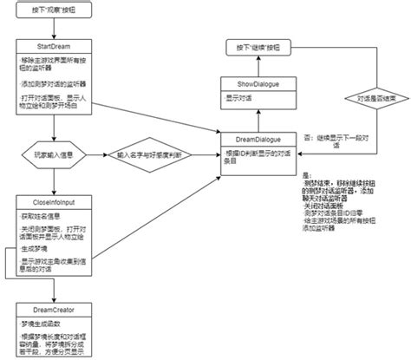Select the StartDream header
pyautogui.click(x=54, y=44)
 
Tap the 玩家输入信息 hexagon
pyautogui.click(x=53, y=155)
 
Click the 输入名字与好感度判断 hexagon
pyautogui.click(x=153, y=155)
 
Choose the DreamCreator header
pyautogui.click(x=54, y=309)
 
